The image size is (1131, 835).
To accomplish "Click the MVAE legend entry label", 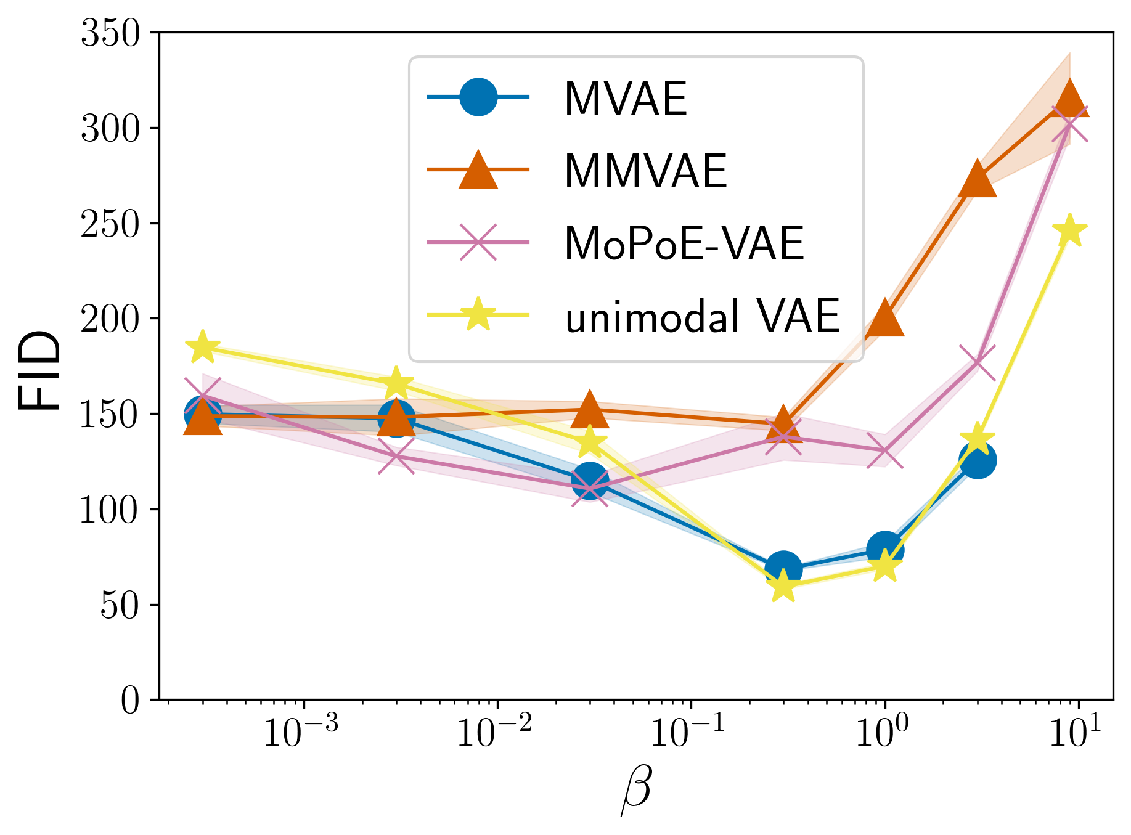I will [625, 99].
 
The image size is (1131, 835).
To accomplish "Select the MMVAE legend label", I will [645, 171].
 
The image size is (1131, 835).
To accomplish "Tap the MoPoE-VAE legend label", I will [684, 244].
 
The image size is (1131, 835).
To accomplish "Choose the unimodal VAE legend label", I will [703, 317].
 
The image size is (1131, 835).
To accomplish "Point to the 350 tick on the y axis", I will [111, 33].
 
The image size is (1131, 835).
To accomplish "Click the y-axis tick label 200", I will [111, 319].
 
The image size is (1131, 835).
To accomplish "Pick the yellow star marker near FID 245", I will [1069, 231].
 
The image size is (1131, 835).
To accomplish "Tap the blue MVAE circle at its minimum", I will [783, 568].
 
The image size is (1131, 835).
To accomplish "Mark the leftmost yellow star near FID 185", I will [203, 348].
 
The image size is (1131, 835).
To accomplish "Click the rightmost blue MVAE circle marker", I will [978, 460].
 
